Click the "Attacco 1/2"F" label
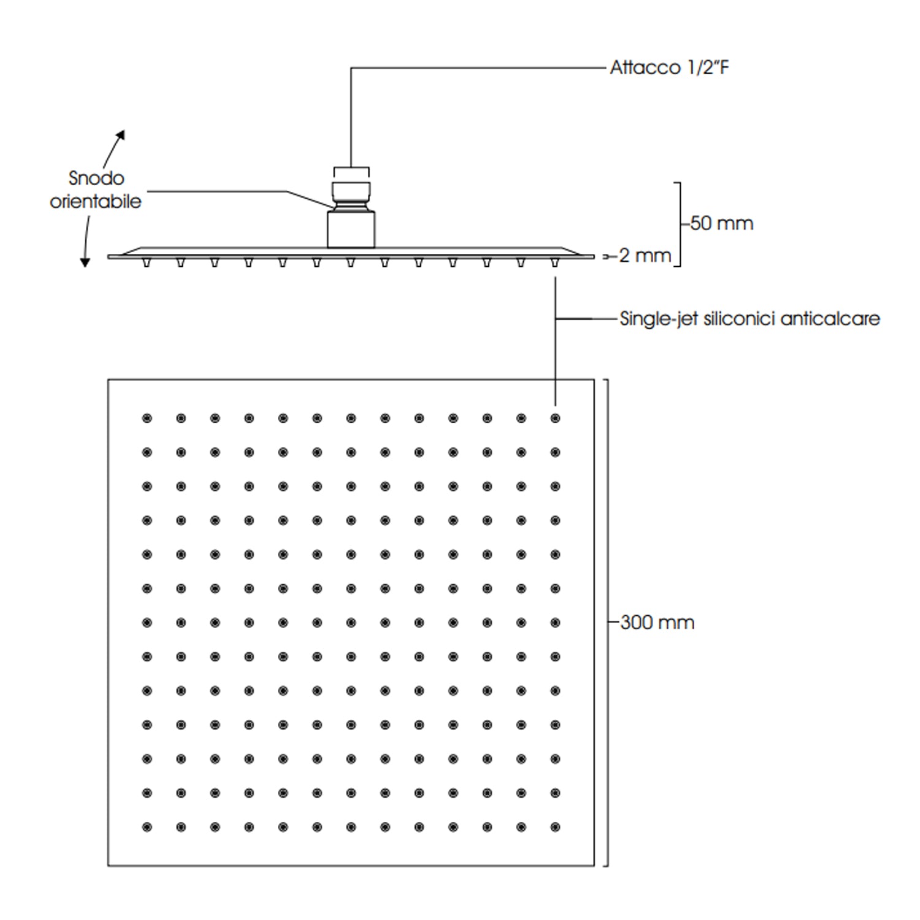coord(669,67)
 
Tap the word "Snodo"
coord(96,178)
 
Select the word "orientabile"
coord(96,201)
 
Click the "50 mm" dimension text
coord(721,223)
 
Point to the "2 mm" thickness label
coord(645,255)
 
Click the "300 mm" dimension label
coord(657,623)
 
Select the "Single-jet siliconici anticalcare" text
coord(749,319)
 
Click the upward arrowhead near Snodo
coord(121,134)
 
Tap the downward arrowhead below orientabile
coord(85,262)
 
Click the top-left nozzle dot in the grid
coord(147,418)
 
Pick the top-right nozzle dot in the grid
coord(555,418)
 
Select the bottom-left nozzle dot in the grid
coord(147,827)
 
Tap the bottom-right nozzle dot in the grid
coord(555,827)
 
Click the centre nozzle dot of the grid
coord(351,623)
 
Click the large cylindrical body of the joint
coord(351,229)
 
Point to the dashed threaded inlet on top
coord(351,172)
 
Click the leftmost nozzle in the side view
coord(146,263)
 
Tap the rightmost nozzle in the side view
coord(555,263)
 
